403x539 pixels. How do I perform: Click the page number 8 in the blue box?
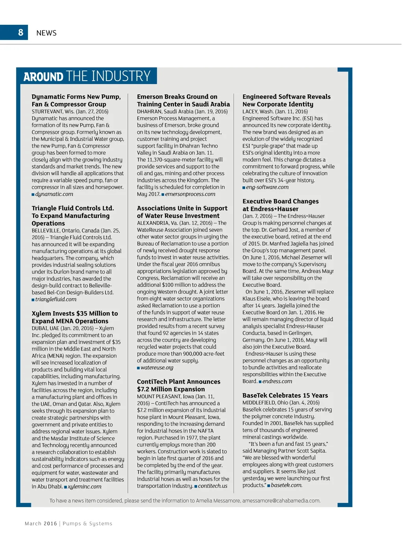pyautogui.click(x=21, y=33)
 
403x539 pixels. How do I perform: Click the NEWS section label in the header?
pyautogui.click(x=46, y=33)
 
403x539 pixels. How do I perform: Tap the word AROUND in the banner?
pyautogui.click(x=43, y=76)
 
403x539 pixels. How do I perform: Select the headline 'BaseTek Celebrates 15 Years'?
pyautogui.click(x=285, y=395)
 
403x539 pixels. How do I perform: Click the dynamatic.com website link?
pyautogui.click(x=54, y=194)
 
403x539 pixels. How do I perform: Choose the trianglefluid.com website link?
pyautogui.click(x=56, y=299)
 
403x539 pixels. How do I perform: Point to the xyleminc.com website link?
pyautogui.click(x=85, y=487)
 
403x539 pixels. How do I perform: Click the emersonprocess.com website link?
pyautogui.click(x=190, y=194)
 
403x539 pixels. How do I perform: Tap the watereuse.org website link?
pyautogui.click(x=157, y=367)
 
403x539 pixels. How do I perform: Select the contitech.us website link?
pyautogui.click(x=213, y=486)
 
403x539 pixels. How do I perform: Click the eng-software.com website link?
pyautogui.click(x=267, y=187)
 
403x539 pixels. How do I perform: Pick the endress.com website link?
pyautogui.click(x=277, y=381)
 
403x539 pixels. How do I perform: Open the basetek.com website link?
pyautogui.click(x=287, y=485)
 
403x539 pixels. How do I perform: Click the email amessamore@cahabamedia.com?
pyautogui.click(x=281, y=501)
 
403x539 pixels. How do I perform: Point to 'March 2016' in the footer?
pyautogui.click(x=41, y=524)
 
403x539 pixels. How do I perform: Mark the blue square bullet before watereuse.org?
pyautogui.click(x=139, y=368)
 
